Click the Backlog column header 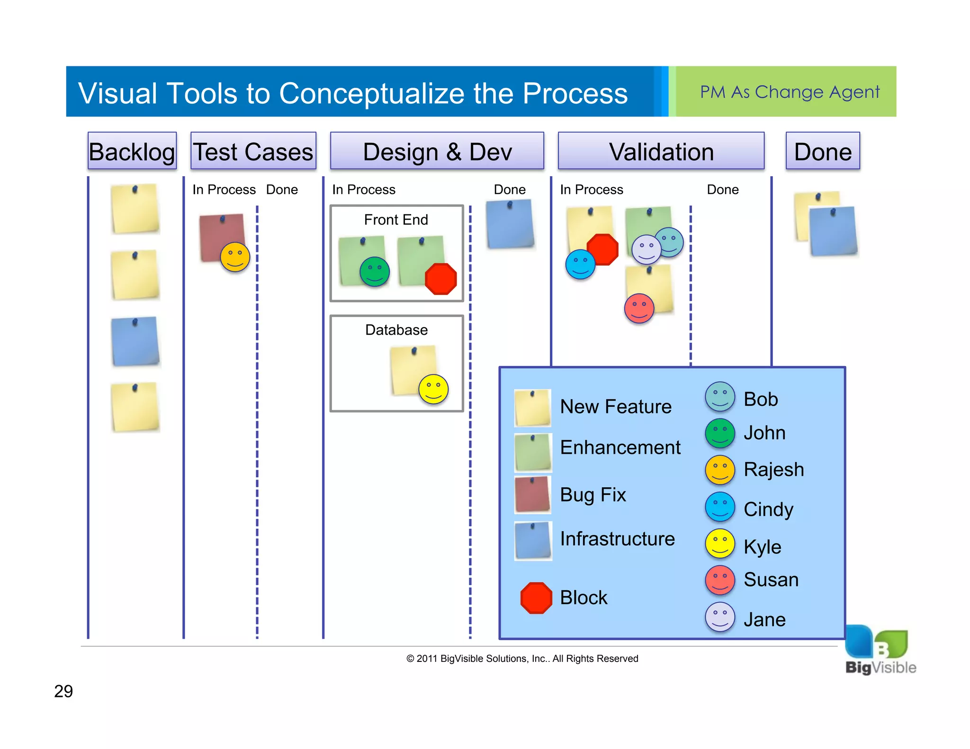pyautogui.click(x=132, y=151)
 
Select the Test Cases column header pyautogui.click(x=253, y=151)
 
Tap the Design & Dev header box pyautogui.click(x=437, y=151)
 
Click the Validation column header pyautogui.click(x=661, y=151)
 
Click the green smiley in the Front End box pyautogui.click(x=375, y=272)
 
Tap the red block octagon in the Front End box pyautogui.click(x=441, y=279)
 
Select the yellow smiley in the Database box pyautogui.click(x=433, y=389)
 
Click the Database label pyautogui.click(x=396, y=330)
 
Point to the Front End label pyautogui.click(x=396, y=220)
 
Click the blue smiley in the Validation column pyautogui.click(x=580, y=264)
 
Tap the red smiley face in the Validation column pyautogui.click(x=639, y=308)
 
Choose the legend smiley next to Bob pyautogui.click(x=720, y=397)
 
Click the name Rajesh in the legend pyautogui.click(x=773, y=469)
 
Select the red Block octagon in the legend pyautogui.click(x=536, y=598)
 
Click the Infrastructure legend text pyautogui.click(x=617, y=539)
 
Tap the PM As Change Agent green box pyautogui.click(x=786, y=91)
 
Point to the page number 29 pyautogui.click(x=63, y=691)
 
